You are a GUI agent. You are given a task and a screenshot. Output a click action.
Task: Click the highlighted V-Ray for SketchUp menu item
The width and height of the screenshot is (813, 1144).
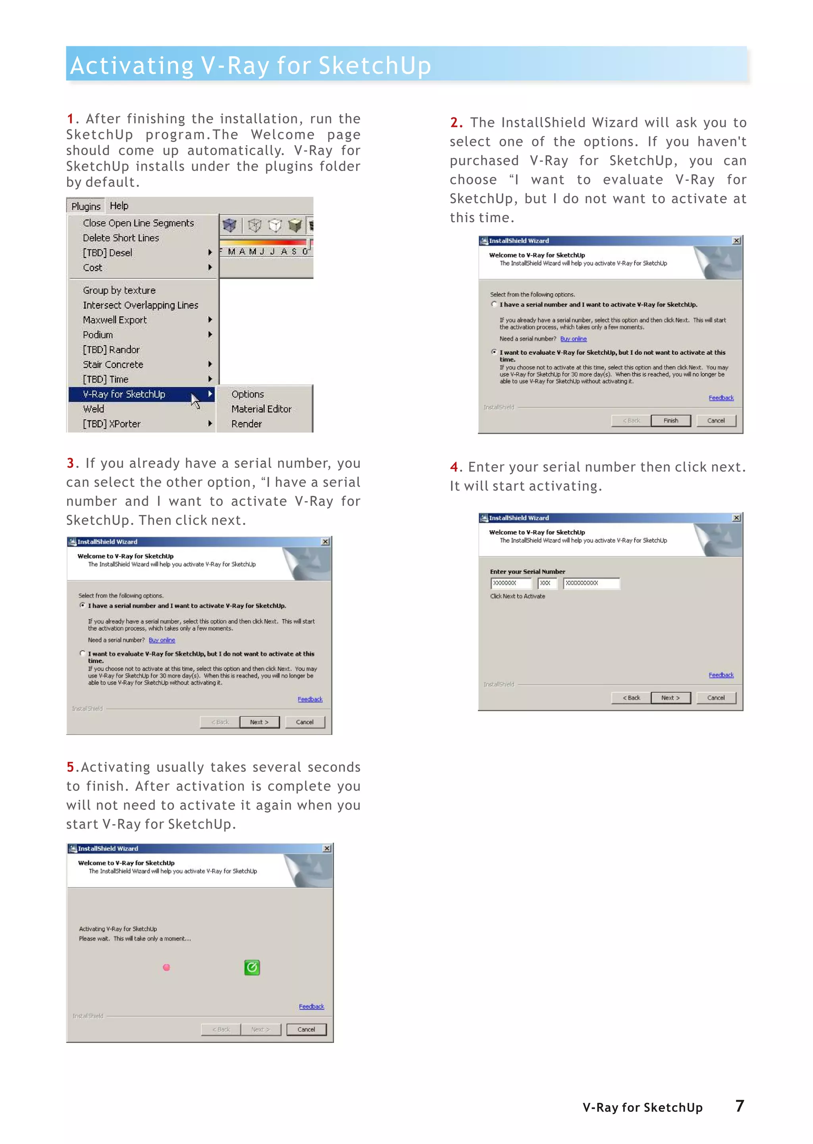[x=124, y=394]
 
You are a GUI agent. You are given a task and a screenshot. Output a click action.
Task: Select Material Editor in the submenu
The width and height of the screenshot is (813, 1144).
[x=261, y=409]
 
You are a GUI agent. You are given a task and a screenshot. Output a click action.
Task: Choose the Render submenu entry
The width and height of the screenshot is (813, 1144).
[x=246, y=424]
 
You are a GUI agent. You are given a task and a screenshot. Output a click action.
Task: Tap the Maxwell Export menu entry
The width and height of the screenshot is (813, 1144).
[x=115, y=320]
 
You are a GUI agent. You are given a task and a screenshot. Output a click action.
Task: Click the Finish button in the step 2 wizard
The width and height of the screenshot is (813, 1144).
[x=670, y=420]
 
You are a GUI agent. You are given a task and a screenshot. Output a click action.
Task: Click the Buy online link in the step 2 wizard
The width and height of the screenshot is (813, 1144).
[x=573, y=339]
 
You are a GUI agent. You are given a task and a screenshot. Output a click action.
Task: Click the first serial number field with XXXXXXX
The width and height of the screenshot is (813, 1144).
[x=511, y=583]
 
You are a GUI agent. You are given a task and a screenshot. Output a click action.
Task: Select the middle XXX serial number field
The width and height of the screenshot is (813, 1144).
[x=547, y=583]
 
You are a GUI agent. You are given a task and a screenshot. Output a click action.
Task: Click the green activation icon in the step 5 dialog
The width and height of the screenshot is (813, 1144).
[x=252, y=967]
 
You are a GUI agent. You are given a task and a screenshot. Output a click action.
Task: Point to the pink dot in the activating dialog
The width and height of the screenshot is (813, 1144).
[x=167, y=967]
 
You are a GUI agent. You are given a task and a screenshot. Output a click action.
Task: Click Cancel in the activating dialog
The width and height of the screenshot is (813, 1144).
[x=306, y=1029]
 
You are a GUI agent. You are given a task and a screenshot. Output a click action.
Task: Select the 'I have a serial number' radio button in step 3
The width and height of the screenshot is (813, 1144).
[x=83, y=605]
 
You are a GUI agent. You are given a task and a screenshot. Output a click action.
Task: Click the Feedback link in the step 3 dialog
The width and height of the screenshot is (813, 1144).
[x=310, y=699]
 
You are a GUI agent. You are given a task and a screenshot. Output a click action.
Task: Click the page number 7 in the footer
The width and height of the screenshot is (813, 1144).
[x=740, y=1106]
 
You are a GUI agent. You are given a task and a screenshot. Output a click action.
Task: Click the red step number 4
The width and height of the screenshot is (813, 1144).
[x=454, y=467]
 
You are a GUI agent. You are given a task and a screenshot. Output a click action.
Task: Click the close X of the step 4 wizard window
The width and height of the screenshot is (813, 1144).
[x=736, y=518]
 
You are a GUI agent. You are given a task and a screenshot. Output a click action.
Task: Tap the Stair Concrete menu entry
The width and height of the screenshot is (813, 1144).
[x=113, y=364]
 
